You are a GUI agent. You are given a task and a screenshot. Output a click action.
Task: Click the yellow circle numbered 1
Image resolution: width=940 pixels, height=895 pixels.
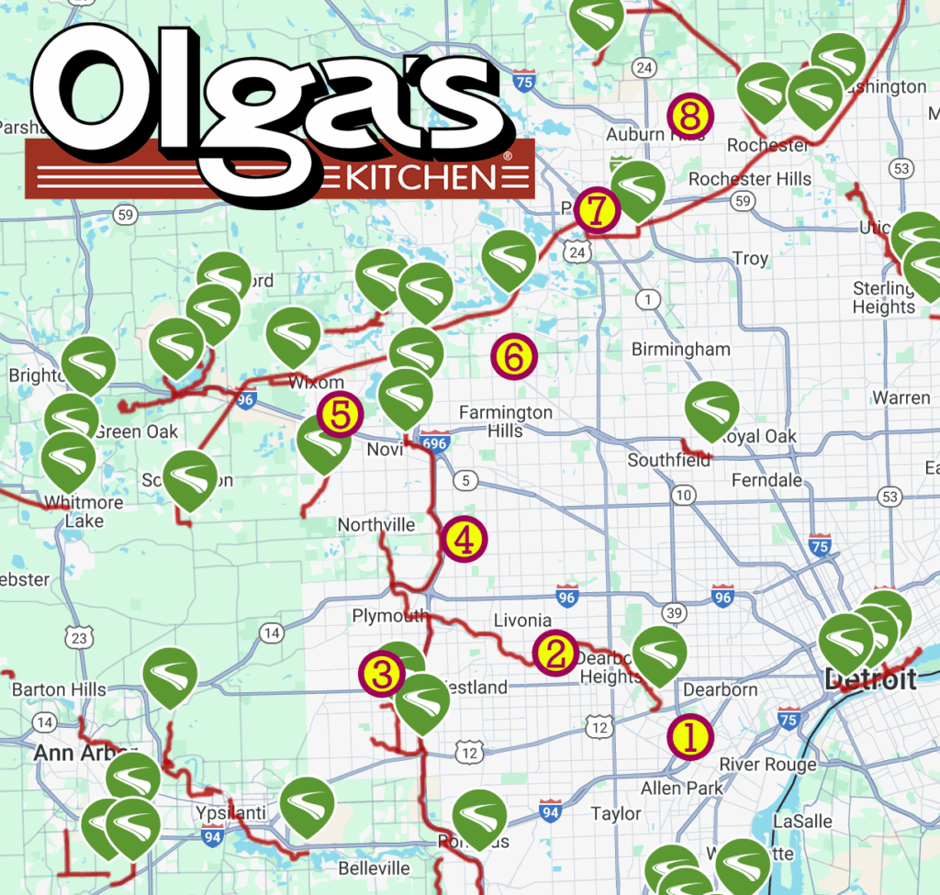click(690, 736)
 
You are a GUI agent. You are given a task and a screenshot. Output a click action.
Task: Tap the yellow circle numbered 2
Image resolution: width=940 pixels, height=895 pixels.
click(554, 653)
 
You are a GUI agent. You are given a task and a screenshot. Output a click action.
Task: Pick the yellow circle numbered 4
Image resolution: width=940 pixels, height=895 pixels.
click(464, 540)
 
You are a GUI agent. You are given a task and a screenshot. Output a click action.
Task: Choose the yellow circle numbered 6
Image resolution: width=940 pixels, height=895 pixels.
click(513, 357)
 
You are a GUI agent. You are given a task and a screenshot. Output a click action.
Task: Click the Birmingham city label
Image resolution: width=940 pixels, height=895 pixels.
click(680, 349)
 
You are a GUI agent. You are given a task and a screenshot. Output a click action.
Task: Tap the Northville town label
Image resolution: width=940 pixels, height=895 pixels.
click(375, 525)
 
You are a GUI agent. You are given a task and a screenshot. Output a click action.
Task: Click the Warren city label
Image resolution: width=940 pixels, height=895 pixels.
click(901, 398)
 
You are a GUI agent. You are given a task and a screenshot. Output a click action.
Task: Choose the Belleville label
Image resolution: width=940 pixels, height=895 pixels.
click(374, 867)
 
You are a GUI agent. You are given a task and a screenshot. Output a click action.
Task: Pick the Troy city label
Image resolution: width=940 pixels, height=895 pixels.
click(750, 259)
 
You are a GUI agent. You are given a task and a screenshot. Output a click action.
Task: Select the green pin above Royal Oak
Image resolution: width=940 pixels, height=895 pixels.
click(712, 410)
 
